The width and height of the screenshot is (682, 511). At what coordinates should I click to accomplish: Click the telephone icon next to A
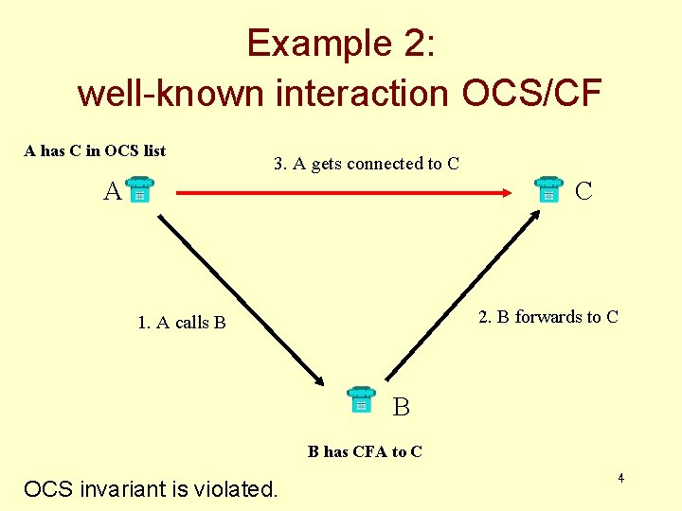138,191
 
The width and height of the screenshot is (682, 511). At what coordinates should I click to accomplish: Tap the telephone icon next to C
547,189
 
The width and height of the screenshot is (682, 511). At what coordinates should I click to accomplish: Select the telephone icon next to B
361,400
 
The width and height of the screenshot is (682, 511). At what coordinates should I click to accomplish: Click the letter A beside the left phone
113,192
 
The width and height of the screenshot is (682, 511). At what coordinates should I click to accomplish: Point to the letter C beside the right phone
583,191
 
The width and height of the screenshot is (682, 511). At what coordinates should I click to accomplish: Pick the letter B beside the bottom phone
402,408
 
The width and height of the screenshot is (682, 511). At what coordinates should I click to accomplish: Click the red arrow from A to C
341,194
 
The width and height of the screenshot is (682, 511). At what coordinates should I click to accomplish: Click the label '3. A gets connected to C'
366,164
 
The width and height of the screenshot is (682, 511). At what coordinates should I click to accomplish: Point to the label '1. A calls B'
182,323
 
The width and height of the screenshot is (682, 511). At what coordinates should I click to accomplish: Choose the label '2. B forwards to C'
548,317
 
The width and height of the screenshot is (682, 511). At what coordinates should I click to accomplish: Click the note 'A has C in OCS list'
95,150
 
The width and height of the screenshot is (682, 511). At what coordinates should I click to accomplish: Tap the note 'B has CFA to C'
366,451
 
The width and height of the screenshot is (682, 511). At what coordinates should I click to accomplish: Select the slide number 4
620,479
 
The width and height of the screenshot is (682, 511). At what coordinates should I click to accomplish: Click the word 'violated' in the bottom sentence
238,489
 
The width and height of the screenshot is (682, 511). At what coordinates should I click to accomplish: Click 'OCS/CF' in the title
531,93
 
